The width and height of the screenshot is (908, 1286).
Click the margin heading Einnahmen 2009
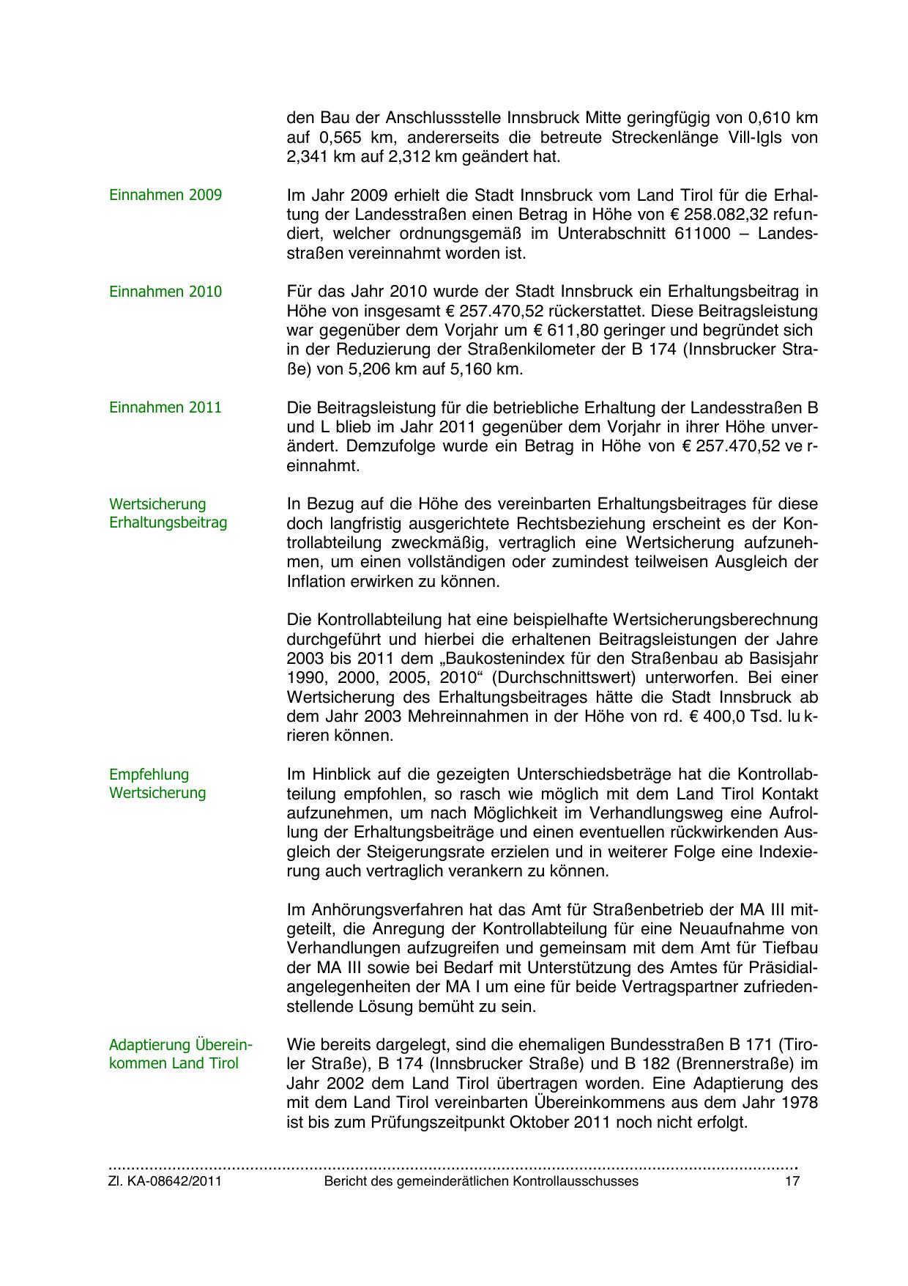[165, 196]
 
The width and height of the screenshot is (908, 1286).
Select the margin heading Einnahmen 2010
[165, 292]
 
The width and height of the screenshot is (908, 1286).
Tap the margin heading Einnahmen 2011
[165, 407]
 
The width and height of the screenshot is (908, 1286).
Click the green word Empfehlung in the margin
[149, 775]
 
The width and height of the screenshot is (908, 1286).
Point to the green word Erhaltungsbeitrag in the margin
[168, 522]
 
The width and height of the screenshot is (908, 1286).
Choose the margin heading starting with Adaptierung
[180, 1044]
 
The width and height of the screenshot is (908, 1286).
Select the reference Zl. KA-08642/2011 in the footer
[165, 1181]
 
